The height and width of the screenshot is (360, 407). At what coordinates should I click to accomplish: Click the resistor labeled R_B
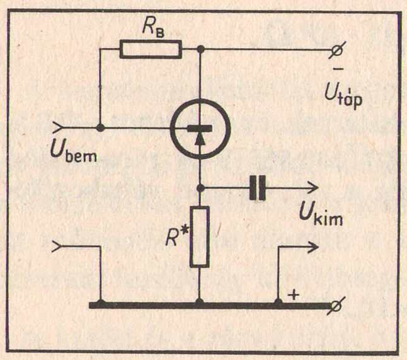(151, 49)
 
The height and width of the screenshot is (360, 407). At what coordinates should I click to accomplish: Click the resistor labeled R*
(200, 236)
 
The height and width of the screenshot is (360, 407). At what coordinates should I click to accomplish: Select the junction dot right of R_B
(200, 49)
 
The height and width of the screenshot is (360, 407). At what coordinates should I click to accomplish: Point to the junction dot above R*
(200, 187)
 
